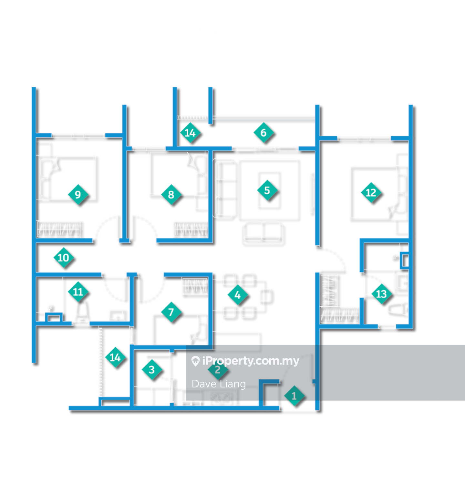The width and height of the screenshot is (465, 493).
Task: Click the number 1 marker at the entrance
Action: pos(294,396)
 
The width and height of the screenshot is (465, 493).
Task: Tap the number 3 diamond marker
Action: pos(151,369)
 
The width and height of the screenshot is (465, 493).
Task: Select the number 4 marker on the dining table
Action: pos(237,295)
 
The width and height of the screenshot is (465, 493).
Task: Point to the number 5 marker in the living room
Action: pos(267,190)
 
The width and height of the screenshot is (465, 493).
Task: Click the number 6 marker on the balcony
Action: pos(263,133)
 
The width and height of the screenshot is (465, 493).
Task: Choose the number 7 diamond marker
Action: pos(171,312)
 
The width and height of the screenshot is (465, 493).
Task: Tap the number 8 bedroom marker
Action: pos(171,194)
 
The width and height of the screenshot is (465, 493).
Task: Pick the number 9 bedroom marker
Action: pos(77,194)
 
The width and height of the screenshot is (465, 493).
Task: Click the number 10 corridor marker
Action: pos(63,258)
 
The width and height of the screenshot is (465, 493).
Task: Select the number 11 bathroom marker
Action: pos(78,292)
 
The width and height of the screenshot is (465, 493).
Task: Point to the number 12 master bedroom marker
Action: pos(371,193)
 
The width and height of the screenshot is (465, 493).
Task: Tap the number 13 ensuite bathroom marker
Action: pos(381,294)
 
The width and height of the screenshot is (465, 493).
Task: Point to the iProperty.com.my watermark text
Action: pos(250,361)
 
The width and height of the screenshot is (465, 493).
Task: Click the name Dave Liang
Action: pos(219,384)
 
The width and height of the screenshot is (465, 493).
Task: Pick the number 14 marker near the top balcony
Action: pos(190,133)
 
